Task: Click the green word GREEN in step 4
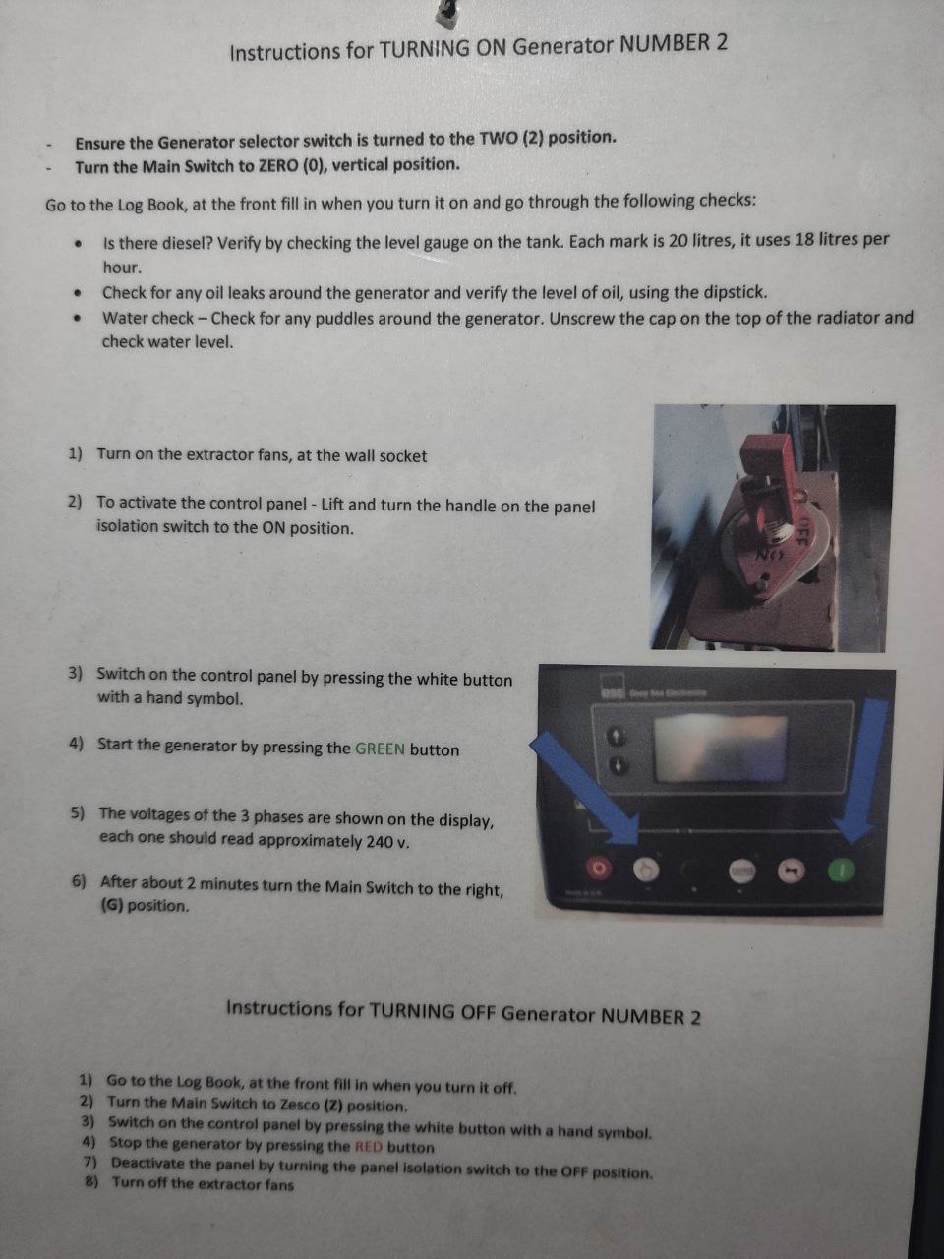(x=380, y=749)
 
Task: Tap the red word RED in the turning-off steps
(x=369, y=1147)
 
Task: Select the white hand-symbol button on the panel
(x=646, y=870)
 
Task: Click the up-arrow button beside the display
(x=618, y=736)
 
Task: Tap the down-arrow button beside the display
(x=618, y=765)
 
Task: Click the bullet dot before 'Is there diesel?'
(x=78, y=243)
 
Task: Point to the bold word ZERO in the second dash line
(x=277, y=166)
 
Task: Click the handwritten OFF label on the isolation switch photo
(x=803, y=529)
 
